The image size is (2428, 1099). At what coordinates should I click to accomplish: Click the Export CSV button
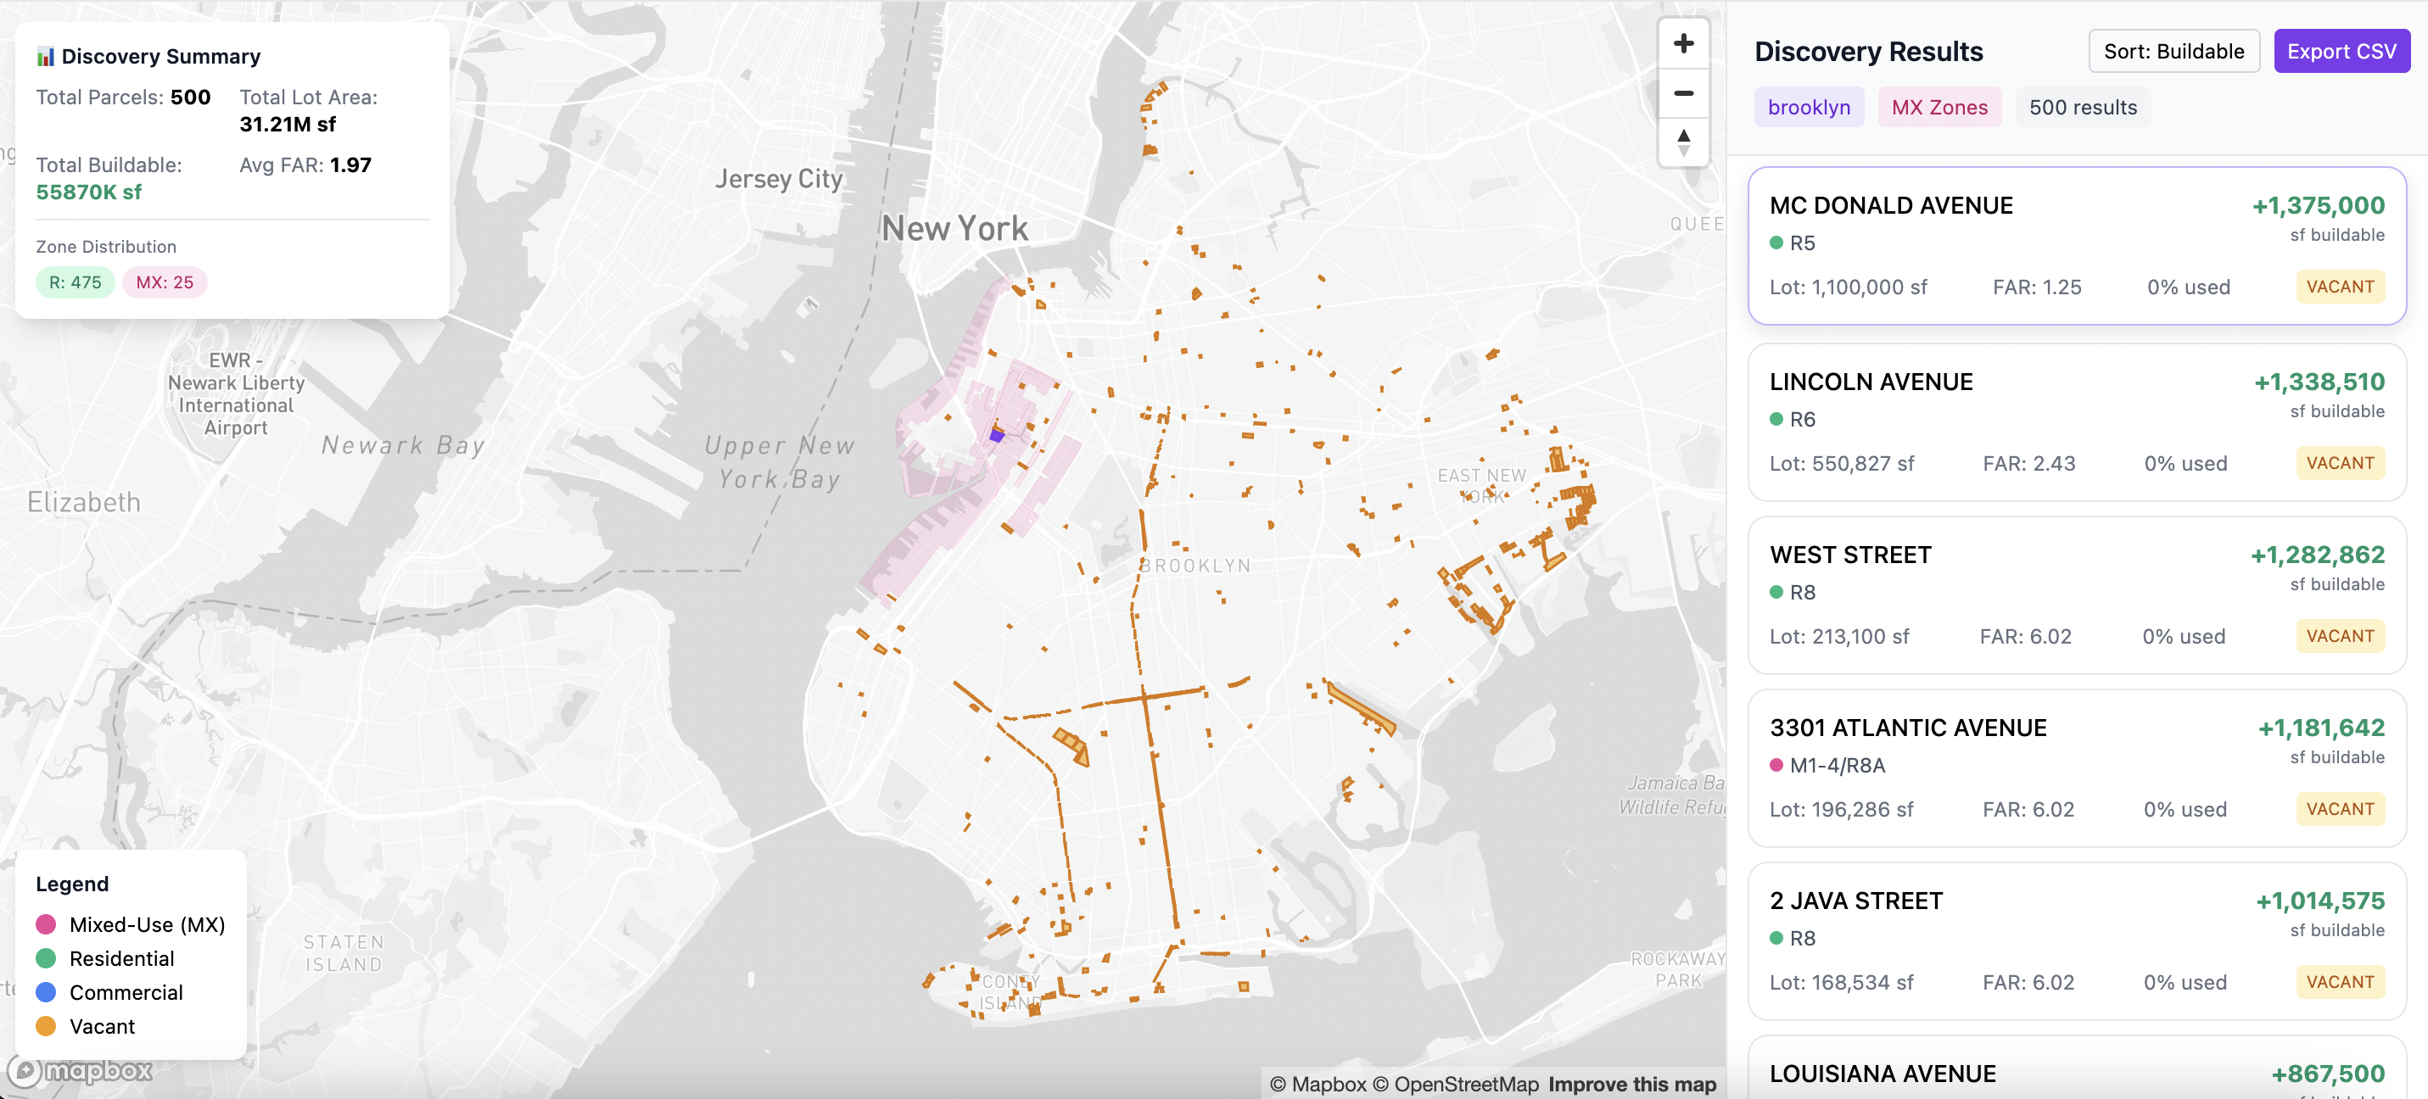pyautogui.click(x=2341, y=51)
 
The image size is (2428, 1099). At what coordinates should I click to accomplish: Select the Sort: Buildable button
pyautogui.click(x=2173, y=51)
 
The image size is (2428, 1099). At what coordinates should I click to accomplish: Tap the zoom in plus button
pyautogui.click(x=1682, y=43)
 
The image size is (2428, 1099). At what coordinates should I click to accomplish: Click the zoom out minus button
pyautogui.click(x=1682, y=93)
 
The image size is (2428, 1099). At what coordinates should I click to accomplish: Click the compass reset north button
pyautogui.click(x=1682, y=142)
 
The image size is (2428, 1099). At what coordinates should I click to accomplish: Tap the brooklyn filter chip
pyautogui.click(x=1808, y=108)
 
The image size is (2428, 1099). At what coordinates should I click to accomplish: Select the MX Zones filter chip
pyautogui.click(x=1938, y=108)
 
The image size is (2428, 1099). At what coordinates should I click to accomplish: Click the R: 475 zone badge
pyautogui.click(x=76, y=282)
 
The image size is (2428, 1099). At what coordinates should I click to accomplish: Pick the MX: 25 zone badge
pyautogui.click(x=164, y=282)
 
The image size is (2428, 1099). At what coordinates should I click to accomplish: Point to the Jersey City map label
pyautogui.click(x=778, y=178)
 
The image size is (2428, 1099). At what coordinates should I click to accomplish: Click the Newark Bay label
pyautogui.click(x=402, y=445)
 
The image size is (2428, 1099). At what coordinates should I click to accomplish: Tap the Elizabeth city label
pyautogui.click(x=84, y=501)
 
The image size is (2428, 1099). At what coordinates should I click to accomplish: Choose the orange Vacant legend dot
pyautogui.click(x=45, y=1026)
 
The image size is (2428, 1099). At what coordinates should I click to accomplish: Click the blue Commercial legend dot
pyautogui.click(x=45, y=992)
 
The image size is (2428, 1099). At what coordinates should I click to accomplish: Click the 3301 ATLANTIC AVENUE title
pyautogui.click(x=1907, y=728)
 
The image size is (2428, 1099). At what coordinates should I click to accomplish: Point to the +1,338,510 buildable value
pyautogui.click(x=2318, y=382)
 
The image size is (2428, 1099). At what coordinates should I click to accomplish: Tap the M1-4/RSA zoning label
pyautogui.click(x=1836, y=766)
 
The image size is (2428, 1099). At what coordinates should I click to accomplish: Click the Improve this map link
pyautogui.click(x=1631, y=1084)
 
